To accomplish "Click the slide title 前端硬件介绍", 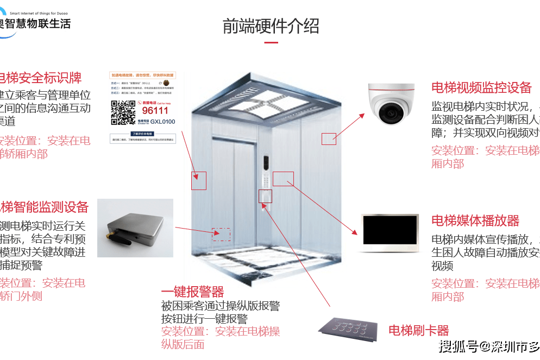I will [271, 26].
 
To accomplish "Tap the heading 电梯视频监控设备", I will [481, 88].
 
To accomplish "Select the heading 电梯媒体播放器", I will [475, 220].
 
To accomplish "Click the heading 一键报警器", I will [192, 292].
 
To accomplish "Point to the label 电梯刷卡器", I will [418, 330].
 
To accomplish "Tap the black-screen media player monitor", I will [390, 233].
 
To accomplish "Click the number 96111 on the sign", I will [155, 111].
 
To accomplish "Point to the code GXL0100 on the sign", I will [162, 122].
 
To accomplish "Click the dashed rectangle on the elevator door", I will [221, 235].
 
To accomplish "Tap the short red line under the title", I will [271, 42].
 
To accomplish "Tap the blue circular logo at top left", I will [8, 24].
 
